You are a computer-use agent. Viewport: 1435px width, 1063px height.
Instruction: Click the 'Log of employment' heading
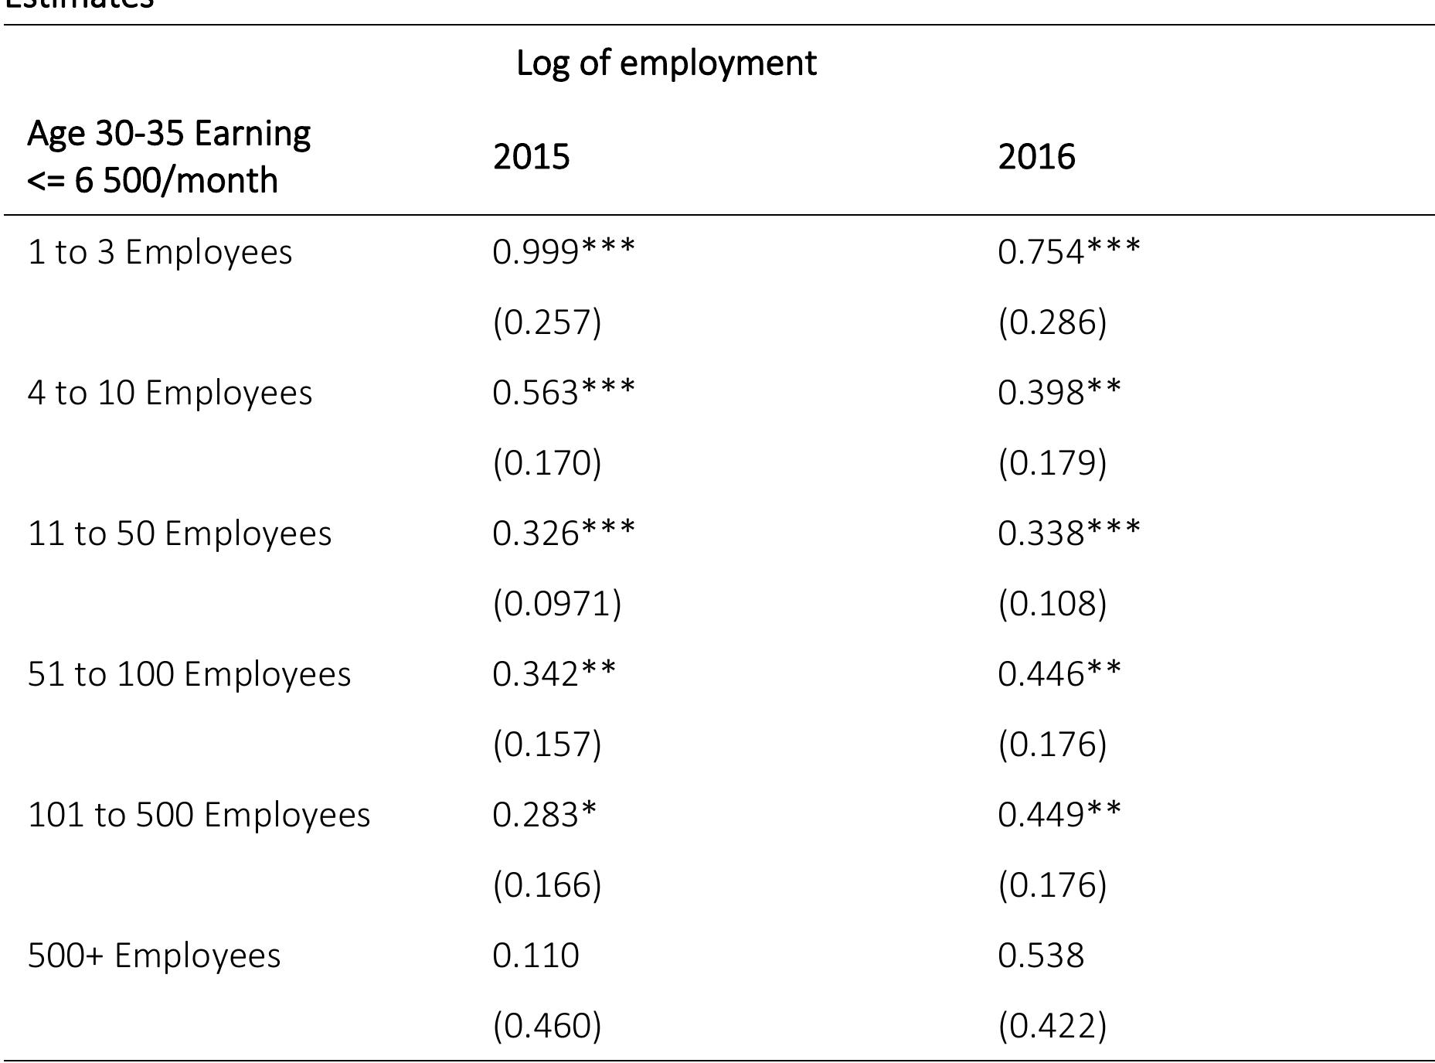click(x=665, y=63)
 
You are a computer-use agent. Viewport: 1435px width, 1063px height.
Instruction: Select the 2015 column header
click(x=531, y=157)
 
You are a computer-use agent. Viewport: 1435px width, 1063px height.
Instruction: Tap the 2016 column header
click(x=1036, y=157)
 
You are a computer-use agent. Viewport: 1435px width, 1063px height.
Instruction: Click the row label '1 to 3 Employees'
click(x=160, y=253)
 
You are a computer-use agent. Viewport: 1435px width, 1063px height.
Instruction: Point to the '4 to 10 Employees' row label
click(x=170, y=393)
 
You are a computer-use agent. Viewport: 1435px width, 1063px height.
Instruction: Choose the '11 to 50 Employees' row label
click(x=179, y=533)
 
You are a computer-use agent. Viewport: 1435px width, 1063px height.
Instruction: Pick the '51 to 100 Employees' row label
click(x=189, y=674)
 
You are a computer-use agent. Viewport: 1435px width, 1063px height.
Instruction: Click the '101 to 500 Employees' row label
click(x=199, y=815)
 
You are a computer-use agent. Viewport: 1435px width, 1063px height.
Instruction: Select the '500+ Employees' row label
click(x=155, y=956)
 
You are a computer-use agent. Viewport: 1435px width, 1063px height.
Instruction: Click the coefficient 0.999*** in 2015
click(x=563, y=251)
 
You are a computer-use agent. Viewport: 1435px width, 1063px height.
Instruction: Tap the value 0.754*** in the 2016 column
click(x=1069, y=251)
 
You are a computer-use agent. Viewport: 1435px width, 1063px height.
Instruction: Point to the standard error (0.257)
click(x=547, y=322)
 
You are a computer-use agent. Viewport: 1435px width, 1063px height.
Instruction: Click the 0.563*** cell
click(x=563, y=392)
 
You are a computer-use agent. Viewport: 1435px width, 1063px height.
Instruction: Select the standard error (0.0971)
click(x=556, y=603)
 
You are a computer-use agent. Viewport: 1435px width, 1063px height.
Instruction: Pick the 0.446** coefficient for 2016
click(x=1059, y=673)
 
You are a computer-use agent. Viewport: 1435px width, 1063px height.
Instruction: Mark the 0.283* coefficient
click(x=545, y=814)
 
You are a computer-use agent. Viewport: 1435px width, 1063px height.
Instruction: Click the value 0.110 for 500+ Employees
click(x=536, y=956)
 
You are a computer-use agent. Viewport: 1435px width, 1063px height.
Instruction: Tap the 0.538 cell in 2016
click(x=1041, y=956)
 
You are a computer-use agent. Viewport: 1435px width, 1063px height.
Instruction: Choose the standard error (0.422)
click(x=1052, y=1026)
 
